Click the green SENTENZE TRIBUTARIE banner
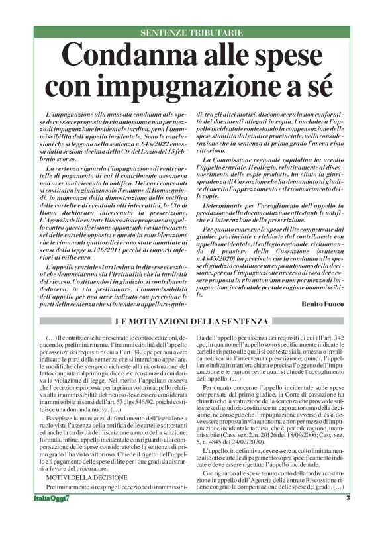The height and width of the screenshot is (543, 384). tap(192, 32)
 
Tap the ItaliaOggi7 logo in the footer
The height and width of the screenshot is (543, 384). tap(52, 535)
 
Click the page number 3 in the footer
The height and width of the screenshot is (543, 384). tap(348, 535)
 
